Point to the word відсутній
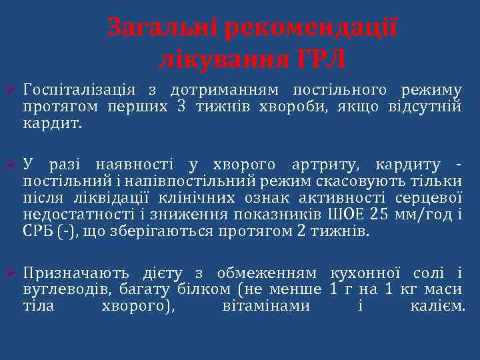[x=425, y=107]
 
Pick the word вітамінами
[x=265, y=307]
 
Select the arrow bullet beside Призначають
[x=9, y=273]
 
